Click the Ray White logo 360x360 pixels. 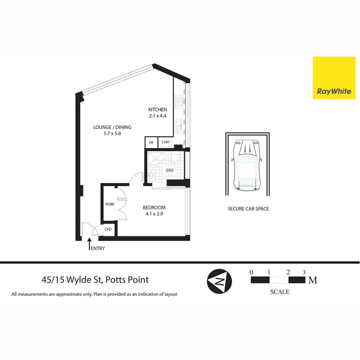click(334, 78)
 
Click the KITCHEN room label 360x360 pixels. click(158, 110)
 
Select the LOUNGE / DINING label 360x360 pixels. click(112, 127)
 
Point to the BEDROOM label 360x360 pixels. click(154, 207)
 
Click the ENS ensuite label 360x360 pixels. click(170, 170)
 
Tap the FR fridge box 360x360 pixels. click(151, 142)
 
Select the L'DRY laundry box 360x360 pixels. click(166, 142)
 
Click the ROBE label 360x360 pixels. click(110, 204)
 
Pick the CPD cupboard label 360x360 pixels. click(108, 229)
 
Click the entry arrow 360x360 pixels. click(89, 243)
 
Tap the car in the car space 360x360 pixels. click(247, 165)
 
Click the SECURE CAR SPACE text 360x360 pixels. click(248, 209)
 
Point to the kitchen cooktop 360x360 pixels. click(179, 101)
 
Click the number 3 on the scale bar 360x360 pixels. click(304, 272)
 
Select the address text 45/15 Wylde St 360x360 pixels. click(95, 279)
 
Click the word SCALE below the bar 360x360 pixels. click(280, 292)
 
